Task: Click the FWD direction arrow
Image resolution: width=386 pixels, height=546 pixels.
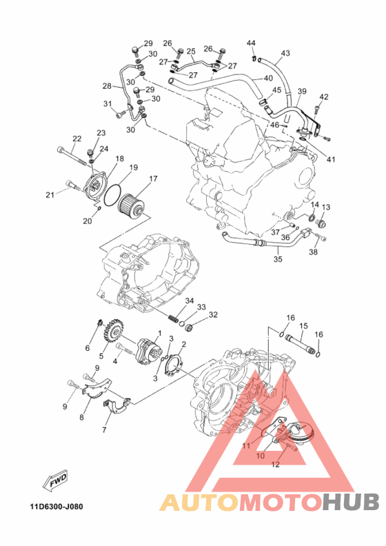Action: point(55,482)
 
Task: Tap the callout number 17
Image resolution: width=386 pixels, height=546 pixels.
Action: point(153,179)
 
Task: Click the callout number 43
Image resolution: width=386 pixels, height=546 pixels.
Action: point(285,53)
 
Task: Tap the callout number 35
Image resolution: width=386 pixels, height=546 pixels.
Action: point(278,259)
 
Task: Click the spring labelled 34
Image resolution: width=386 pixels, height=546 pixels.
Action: point(173,318)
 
